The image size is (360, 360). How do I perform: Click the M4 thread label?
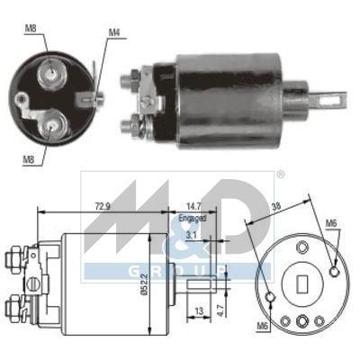114,33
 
